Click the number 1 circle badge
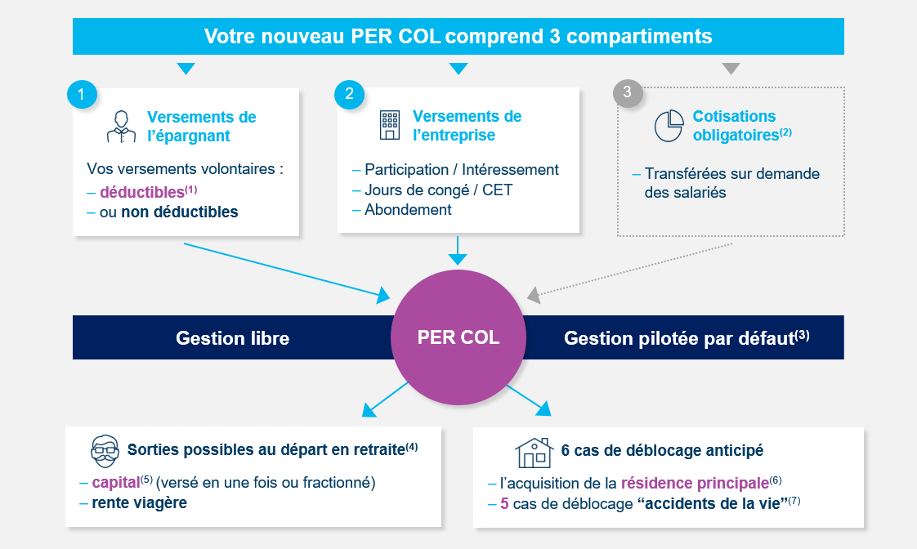(x=82, y=95)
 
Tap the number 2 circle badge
(x=349, y=94)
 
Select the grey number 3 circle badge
(x=628, y=92)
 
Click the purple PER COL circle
(x=458, y=337)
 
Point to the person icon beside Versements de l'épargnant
(x=121, y=127)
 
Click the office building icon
(x=390, y=125)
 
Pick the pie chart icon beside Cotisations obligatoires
(x=669, y=126)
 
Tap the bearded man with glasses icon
(x=105, y=451)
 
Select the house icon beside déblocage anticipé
(x=534, y=453)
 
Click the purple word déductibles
(x=142, y=192)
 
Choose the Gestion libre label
(x=233, y=338)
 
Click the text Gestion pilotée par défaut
(x=679, y=338)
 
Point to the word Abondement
(x=408, y=209)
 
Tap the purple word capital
(x=116, y=483)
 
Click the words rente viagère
(x=139, y=502)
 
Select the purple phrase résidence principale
(x=695, y=484)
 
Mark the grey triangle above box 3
(x=731, y=69)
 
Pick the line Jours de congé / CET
(x=439, y=190)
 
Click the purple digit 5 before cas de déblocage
(x=504, y=503)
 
